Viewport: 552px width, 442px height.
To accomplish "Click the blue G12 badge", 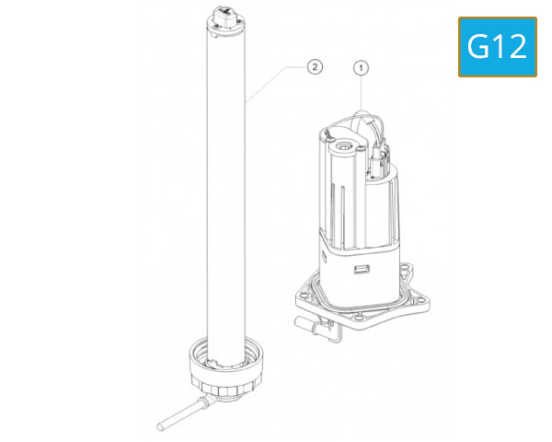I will pos(497,46).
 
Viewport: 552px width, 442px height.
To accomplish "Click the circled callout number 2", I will pos(315,67).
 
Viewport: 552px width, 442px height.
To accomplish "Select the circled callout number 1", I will pos(362,67).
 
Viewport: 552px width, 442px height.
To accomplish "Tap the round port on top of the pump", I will pos(344,145).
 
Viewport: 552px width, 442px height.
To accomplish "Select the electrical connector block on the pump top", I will pos(381,161).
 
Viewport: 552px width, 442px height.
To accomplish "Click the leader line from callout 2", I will pos(276,83).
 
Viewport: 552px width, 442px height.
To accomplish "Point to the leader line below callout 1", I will pos(362,92).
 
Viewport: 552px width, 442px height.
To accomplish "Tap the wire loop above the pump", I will pos(362,120).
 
